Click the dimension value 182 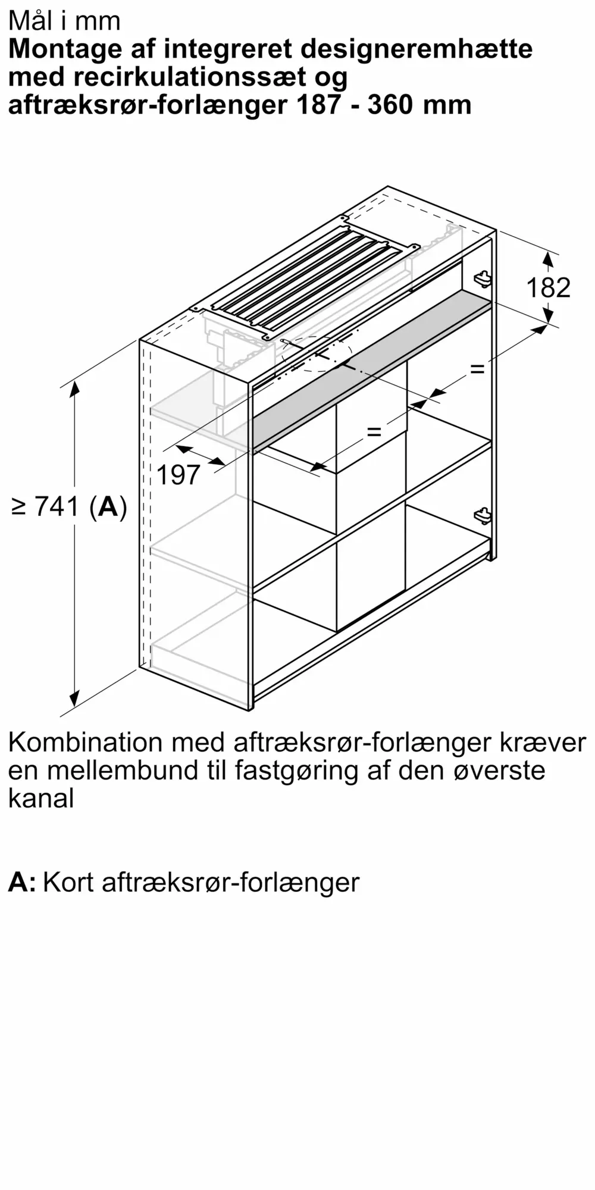click(x=549, y=288)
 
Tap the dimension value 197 click(x=178, y=475)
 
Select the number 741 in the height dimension click(x=57, y=507)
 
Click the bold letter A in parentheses click(x=108, y=507)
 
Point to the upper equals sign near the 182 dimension click(x=477, y=369)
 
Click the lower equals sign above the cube click(x=374, y=431)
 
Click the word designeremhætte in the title click(x=417, y=49)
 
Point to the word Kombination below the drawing click(x=86, y=743)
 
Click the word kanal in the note click(x=41, y=798)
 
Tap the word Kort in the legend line click(x=68, y=882)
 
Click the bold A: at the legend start click(x=23, y=882)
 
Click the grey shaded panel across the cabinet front click(x=372, y=369)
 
